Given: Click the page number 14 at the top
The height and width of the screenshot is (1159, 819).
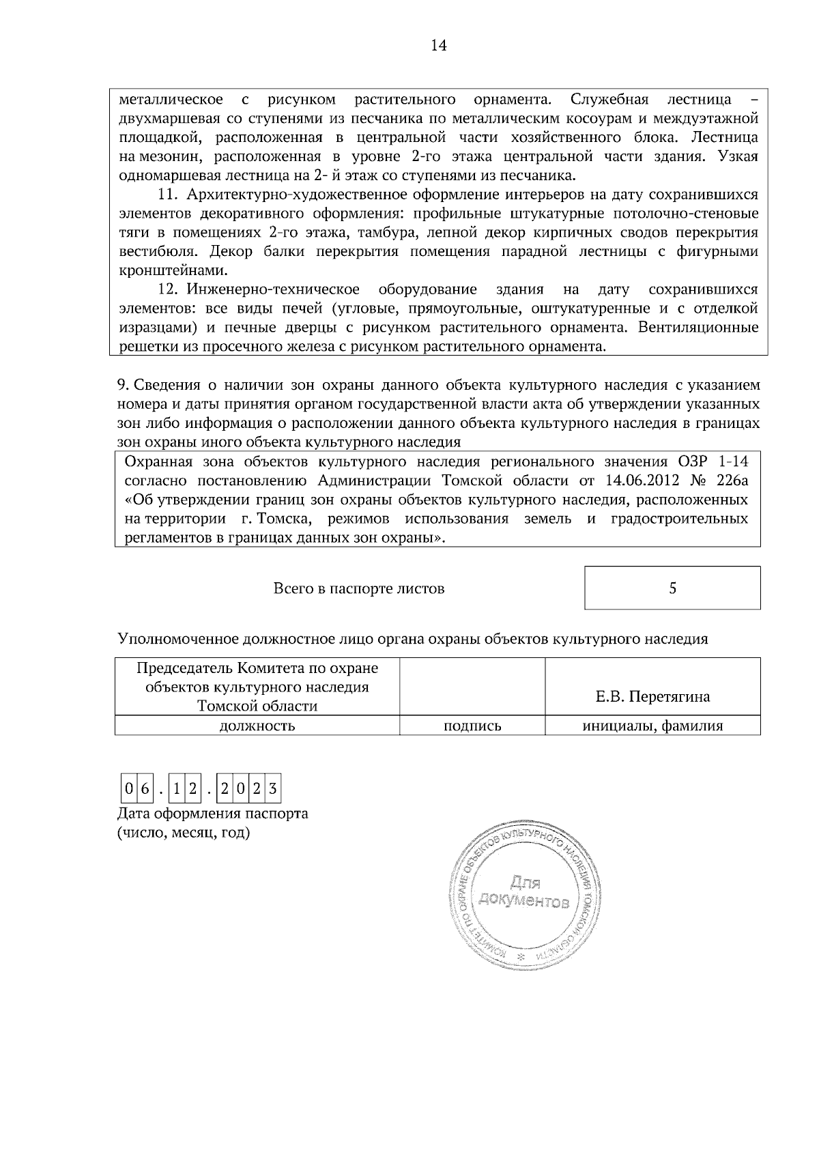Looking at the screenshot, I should (x=438, y=45).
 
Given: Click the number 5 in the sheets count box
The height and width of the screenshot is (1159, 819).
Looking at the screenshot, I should (x=672, y=588).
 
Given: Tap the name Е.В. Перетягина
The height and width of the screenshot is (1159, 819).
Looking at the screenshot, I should (x=652, y=696).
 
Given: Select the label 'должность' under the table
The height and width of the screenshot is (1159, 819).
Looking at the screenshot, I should (x=257, y=726).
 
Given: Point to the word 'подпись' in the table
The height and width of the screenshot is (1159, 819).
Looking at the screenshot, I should (x=472, y=726).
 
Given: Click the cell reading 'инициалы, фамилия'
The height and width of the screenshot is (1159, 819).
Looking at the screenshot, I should (x=652, y=726).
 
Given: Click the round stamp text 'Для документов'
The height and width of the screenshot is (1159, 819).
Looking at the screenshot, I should (x=523, y=891).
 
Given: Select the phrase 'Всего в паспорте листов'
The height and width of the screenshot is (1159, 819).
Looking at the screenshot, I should (x=359, y=588).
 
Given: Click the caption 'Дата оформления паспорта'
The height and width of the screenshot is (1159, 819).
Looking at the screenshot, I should (x=212, y=814).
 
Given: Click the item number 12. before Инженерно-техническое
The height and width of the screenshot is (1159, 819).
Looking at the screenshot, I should (x=168, y=289).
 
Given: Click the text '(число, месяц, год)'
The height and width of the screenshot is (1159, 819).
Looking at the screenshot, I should (x=184, y=833).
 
